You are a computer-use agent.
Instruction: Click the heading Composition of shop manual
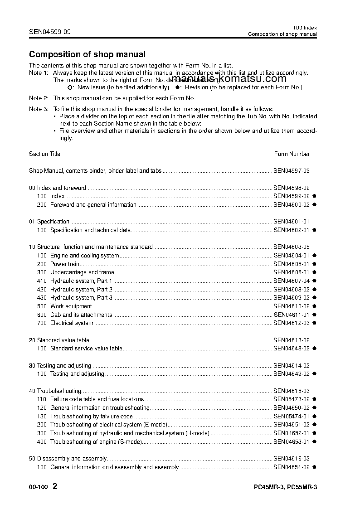point(87,54)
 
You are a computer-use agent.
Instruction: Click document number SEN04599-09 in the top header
point(49,32)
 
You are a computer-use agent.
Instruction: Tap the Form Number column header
point(292,154)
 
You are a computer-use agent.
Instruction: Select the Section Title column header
point(44,154)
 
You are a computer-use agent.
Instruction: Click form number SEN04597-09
point(291,171)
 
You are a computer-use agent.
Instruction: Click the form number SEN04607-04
point(291,281)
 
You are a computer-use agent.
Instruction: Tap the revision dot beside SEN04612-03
point(314,323)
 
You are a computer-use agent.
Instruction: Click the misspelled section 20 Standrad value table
point(59,340)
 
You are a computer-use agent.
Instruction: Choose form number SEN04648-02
point(291,349)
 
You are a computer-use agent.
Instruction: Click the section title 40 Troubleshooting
point(55,391)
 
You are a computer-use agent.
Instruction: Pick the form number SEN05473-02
point(291,399)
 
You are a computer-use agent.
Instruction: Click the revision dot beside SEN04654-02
point(314,467)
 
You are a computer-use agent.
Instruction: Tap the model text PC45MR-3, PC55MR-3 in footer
point(285,488)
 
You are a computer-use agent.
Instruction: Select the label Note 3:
point(39,109)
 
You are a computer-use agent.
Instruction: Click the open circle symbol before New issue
point(69,87)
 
